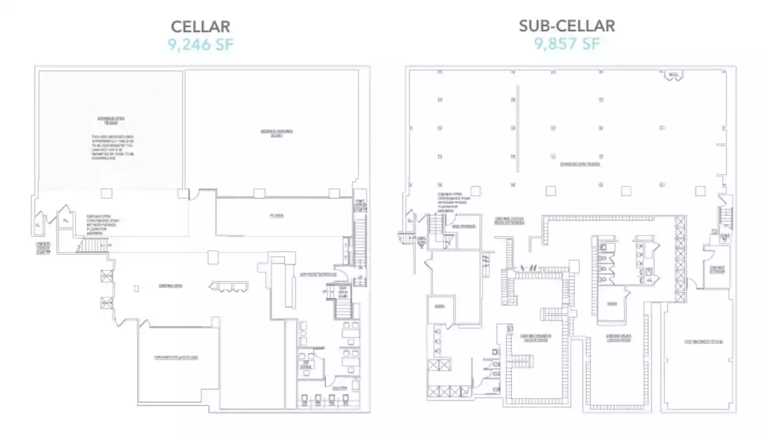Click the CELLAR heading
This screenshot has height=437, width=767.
(x=201, y=27)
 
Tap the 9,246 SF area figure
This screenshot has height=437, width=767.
(x=201, y=45)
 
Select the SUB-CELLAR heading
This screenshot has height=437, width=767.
(x=567, y=25)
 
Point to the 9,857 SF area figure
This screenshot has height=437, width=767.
(x=567, y=44)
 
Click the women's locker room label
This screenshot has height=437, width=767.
(x=535, y=338)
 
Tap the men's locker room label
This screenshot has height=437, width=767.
(x=619, y=338)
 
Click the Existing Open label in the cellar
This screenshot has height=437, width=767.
(x=171, y=286)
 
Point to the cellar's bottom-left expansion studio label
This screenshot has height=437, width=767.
(x=177, y=358)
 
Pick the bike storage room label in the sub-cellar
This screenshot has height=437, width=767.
(x=463, y=226)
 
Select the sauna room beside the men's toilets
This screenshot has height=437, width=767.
(x=612, y=303)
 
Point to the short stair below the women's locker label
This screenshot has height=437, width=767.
(x=520, y=359)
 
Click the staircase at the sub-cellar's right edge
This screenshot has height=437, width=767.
(x=726, y=218)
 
